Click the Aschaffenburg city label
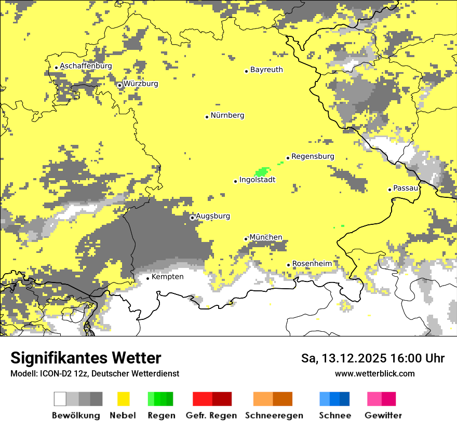click(x=86, y=66)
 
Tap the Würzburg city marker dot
click(x=119, y=85)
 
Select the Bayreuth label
click(x=266, y=70)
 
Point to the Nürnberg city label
click(x=227, y=115)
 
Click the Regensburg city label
click(x=313, y=156)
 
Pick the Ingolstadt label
click(x=257, y=180)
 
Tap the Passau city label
click(x=406, y=188)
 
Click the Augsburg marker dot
click(x=192, y=218)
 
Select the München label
click(x=266, y=237)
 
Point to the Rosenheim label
click(x=312, y=264)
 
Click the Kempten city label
click(x=167, y=277)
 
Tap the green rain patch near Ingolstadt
click(x=262, y=171)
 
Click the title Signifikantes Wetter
click(x=86, y=358)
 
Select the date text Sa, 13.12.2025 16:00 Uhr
click(x=373, y=358)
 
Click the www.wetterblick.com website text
click(x=374, y=373)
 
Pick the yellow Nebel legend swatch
click(x=124, y=399)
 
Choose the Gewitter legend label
click(x=383, y=415)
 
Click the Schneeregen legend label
click(x=274, y=415)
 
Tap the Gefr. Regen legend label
click(x=211, y=415)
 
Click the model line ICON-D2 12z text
click(x=95, y=373)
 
